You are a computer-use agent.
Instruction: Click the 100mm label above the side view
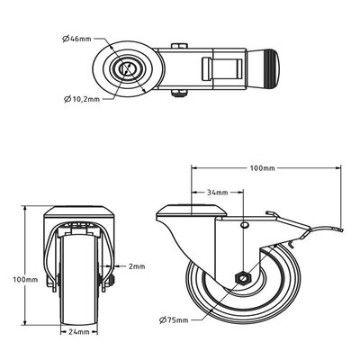pos(262,168)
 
